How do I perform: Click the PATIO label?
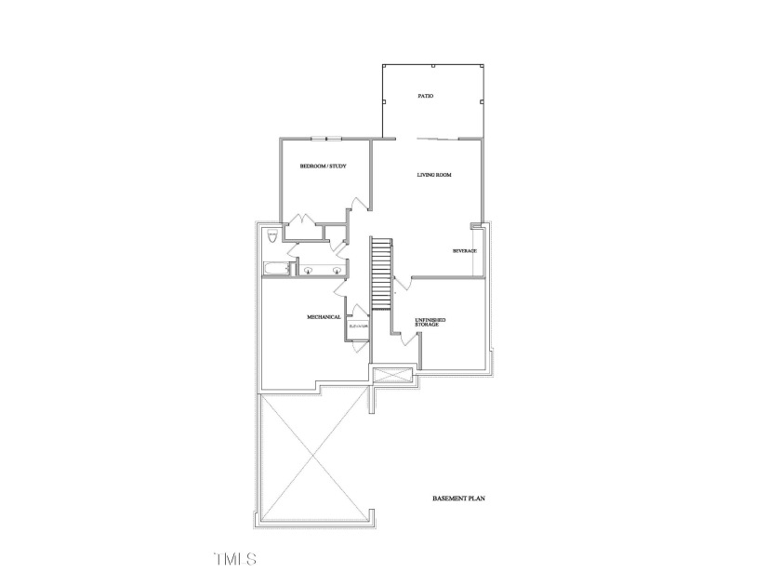(x=425, y=96)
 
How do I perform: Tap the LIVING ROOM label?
(x=434, y=174)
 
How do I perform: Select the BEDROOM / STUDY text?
(x=323, y=166)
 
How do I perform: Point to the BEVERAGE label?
(x=464, y=251)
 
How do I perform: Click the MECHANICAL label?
(x=324, y=317)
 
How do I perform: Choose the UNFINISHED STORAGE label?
(x=430, y=322)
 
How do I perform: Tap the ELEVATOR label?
(x=359, y=326)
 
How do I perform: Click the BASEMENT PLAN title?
(x=458, y=499)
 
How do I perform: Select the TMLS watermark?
(x=234, y=559)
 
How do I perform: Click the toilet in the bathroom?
(x=271, y=236)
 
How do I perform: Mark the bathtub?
(x=275, y=271)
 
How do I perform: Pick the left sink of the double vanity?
(x=307, y=271)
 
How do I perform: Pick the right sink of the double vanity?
(x=336, y=271)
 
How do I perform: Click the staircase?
(x=382, y=275)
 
